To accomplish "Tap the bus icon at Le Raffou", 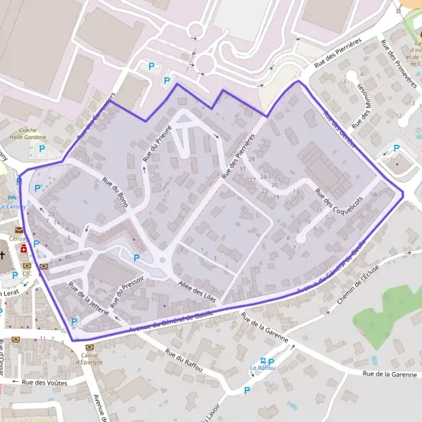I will pyautogui.click(x=262, y=360).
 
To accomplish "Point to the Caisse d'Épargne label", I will pyautogui.click(x=89, y=358).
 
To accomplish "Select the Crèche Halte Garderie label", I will pyautogui.click(x=28, y=134).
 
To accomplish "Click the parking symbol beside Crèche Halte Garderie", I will pyautogui.click(x=41, y=148).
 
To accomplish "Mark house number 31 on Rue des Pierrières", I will pyautogui.click(x=242, y=169).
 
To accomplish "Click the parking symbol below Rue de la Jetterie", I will pyautogui.click(x=75, y=322).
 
